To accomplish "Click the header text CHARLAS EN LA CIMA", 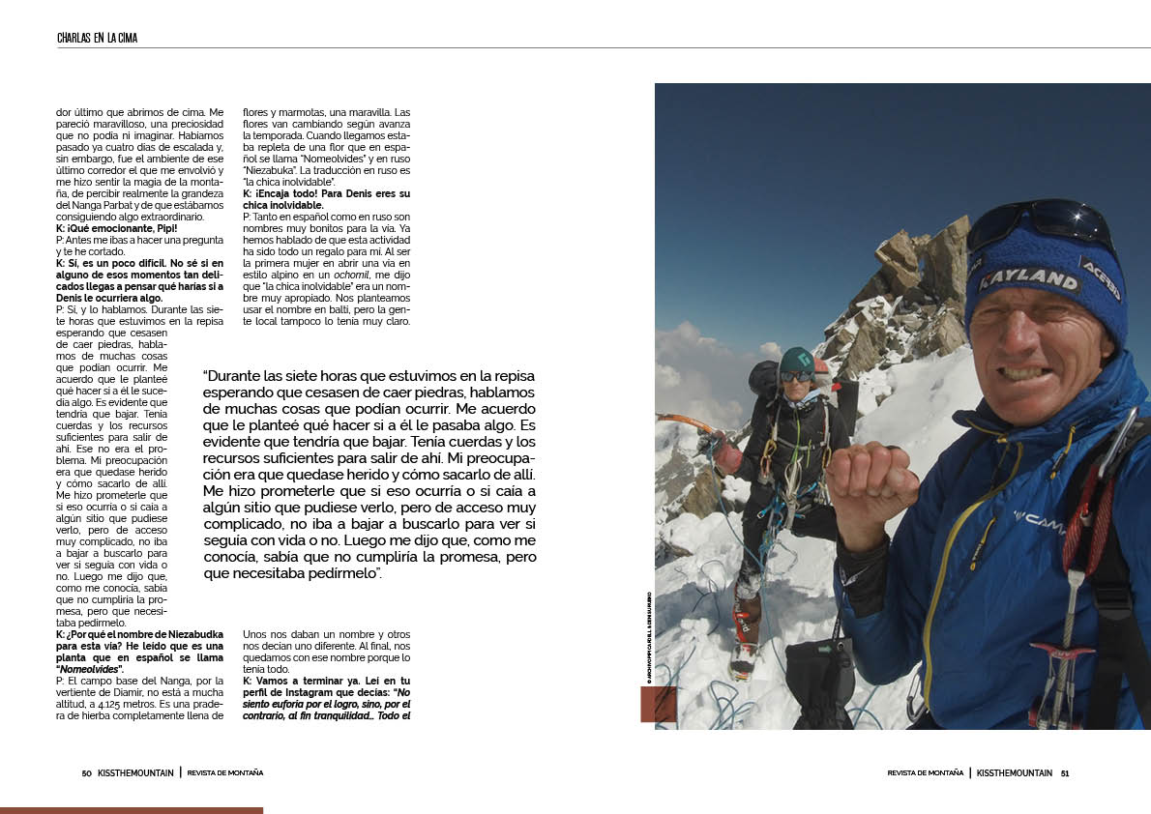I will click(97, 38).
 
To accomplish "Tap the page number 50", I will click(86, 772).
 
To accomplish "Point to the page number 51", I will click(1064, 772).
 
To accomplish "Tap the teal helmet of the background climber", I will click(797, 360).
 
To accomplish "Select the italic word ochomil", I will click(337, 274).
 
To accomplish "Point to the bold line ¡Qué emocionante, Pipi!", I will click(109, 228).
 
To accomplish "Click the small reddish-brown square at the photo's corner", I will click(659, 705).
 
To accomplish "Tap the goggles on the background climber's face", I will click(795, 376).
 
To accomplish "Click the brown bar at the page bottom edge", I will click(132, 810).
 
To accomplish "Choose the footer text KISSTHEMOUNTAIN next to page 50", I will click(135, 772).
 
